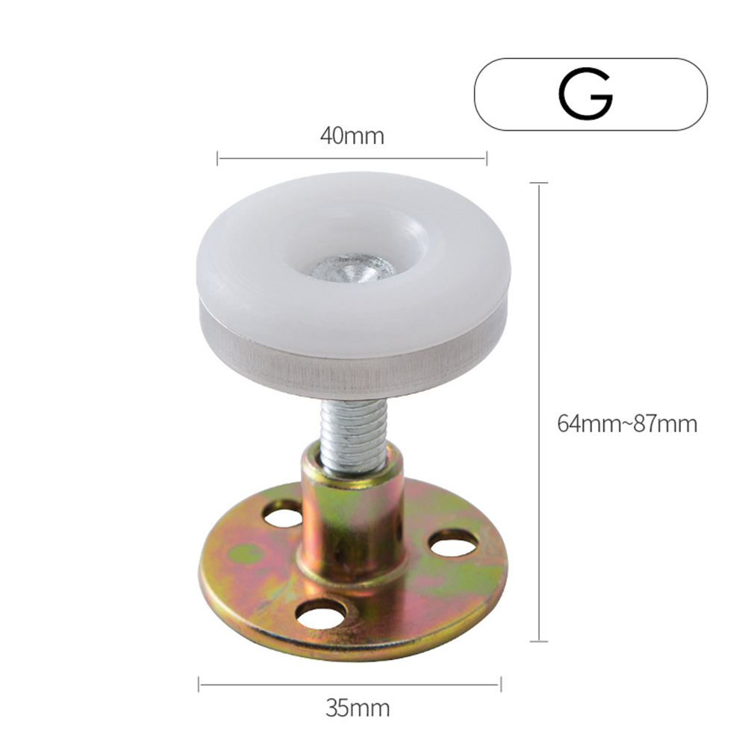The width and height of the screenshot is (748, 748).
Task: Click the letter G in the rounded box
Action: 586,93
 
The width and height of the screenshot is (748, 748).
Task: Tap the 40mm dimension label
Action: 352,136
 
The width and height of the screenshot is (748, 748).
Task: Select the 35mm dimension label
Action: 358,708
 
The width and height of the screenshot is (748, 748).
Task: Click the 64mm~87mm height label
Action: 627,423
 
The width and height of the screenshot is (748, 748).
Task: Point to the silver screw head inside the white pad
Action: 353,269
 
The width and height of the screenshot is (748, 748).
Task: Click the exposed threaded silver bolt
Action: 354,434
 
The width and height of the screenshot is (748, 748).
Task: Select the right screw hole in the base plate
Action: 452,543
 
